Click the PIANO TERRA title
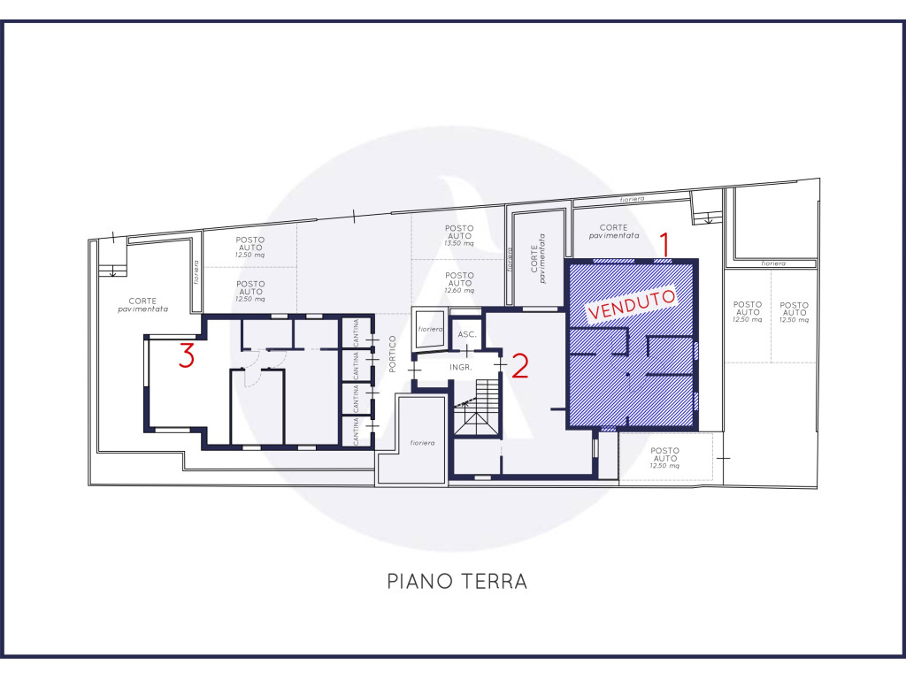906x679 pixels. [457, 581]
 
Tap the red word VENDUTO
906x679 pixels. [631, 304]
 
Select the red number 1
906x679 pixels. [665, 244]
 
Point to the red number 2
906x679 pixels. [520, 366]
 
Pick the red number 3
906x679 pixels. [186, 355]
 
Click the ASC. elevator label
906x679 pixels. [467, 334]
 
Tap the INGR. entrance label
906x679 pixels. [460, 367]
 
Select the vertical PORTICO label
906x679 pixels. [392, 354]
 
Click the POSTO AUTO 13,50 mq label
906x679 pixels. [459, 235]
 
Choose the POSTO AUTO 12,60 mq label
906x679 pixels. [459, 283]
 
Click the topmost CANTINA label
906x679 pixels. [356, 332]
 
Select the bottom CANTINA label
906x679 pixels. [356, 431]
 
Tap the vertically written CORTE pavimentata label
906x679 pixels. [538, 258]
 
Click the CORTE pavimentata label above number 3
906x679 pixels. [142, 305]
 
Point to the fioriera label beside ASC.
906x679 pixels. [430, 329]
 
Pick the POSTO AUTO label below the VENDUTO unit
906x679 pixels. [664, 458]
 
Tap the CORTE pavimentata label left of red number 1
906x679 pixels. [614, 232]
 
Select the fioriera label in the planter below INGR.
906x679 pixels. [422, 443]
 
